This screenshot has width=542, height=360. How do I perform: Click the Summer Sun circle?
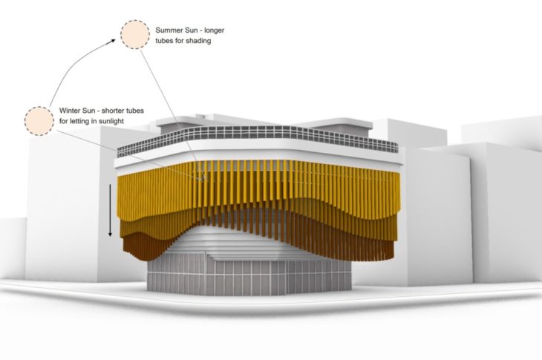(x=134, y=34)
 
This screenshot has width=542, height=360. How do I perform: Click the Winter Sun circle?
(x=38, y=120)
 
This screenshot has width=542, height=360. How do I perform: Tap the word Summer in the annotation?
(x=171, y=30)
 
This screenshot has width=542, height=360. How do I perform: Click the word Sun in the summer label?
(x=196, y=30)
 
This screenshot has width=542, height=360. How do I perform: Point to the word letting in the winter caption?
(x=82, y=120)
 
